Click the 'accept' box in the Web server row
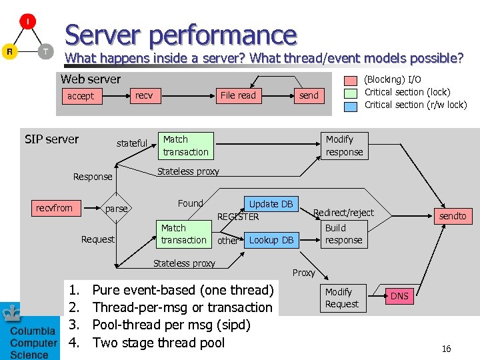(x=81, y=96)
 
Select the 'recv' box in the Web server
(x=144, y=95)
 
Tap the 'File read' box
(x=238, y=95)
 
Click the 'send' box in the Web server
(x=309, y=95)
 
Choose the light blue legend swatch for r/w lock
(x=351, y=105)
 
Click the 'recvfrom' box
(x=54, y=208)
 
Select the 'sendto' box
(x=453, y=215)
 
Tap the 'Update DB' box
(x=271, y=204)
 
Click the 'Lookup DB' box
(x=271, y=240)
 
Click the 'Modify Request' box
(x=342, y=298)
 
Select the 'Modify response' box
(x=344, y=145)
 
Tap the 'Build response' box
(x=343, y=234)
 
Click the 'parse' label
(x=116, y=209)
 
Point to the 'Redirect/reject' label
(x=343, y=213)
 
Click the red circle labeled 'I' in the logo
(x=27, y=22)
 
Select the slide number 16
(x=446, y=349)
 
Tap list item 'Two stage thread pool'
(x=159, y=343)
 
